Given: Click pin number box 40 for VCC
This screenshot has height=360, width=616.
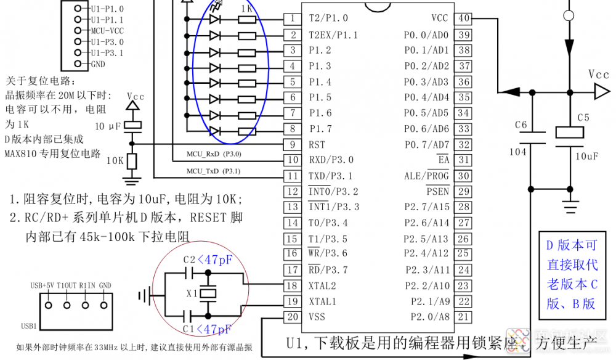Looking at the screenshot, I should click(464, 18).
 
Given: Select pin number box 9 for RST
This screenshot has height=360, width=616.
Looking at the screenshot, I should click(293, 144).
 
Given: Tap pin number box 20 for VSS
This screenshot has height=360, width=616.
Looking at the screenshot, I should click(293, 317).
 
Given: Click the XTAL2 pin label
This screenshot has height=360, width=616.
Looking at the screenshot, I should click(323, 286).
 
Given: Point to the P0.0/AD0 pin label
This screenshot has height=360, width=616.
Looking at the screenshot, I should click(426, 35).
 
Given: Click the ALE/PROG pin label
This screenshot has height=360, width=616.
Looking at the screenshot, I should click(426, 176).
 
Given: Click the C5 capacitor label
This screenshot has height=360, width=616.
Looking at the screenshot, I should click(583, 117).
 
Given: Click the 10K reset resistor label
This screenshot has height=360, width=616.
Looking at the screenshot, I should click(115, 161).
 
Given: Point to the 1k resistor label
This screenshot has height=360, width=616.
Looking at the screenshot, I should click(246, 9).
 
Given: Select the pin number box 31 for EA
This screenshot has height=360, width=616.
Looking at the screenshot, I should click(464, 160).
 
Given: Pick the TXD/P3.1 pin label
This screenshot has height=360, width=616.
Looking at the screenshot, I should click(331, 176).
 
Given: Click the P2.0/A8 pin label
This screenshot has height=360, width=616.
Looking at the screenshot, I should click(426, 317).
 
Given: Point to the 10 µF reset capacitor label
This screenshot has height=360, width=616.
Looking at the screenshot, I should click(109, 126).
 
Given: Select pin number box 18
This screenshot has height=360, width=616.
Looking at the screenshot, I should click(293, 286).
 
